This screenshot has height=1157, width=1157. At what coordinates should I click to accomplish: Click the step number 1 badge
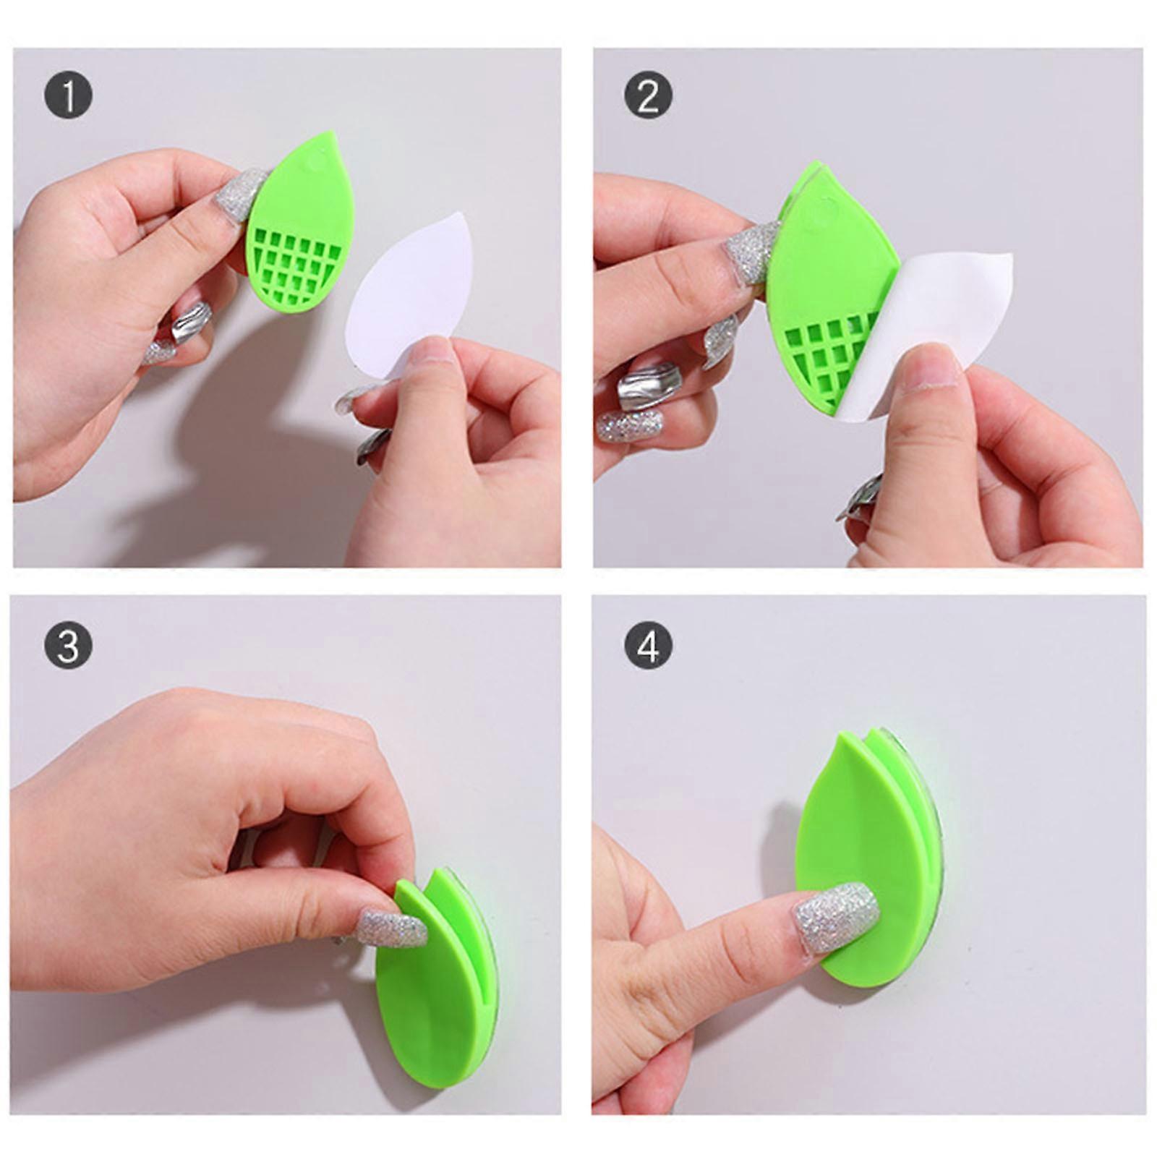point(69,95)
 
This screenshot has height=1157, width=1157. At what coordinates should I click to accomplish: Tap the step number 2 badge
point(648,95)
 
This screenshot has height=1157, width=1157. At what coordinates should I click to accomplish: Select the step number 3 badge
point(69,644)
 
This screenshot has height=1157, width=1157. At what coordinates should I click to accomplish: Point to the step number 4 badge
point(648,644)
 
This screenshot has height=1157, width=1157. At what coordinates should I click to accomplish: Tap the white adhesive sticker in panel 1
point(405,289)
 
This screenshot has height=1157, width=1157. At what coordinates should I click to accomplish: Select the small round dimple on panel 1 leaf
point(316,163)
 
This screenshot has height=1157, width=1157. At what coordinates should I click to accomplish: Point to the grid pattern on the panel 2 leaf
point(832,351)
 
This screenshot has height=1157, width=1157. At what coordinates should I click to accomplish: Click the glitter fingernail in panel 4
point(837,907)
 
